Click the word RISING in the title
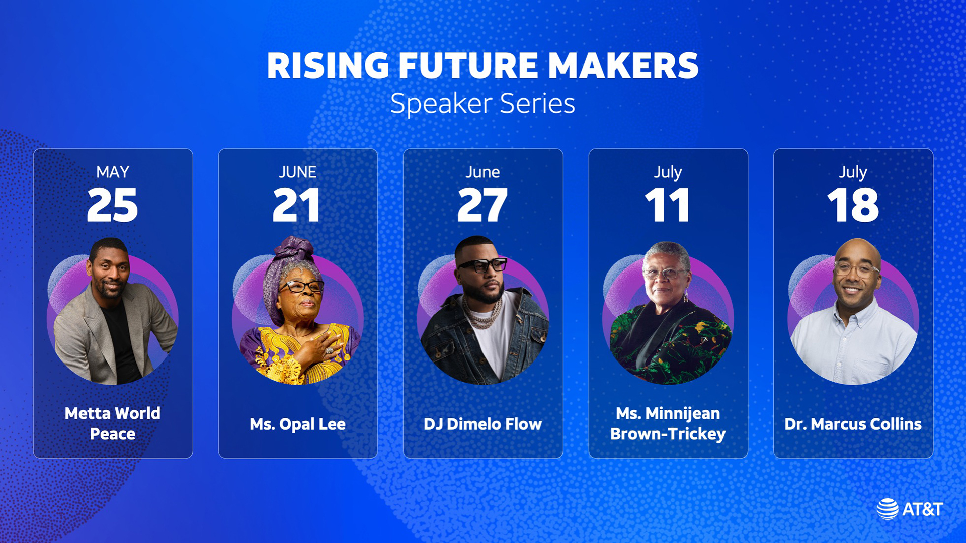[328, 66]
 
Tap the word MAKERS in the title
[623, 66]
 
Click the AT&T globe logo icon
[888, 509]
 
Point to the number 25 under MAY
[112, 205]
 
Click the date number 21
[297, 205]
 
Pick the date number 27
[482, 205]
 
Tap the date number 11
[667, 205]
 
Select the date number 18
[853, 205]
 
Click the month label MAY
[113, 172]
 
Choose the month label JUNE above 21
[298, 172]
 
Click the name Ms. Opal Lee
[298, 424]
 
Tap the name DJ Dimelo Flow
[483, 424]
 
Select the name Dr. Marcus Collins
[853, 424]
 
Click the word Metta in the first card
[88, 413]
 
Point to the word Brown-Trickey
[668, 434]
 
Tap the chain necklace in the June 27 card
[482, 312]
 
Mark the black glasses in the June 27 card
[482, 265]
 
